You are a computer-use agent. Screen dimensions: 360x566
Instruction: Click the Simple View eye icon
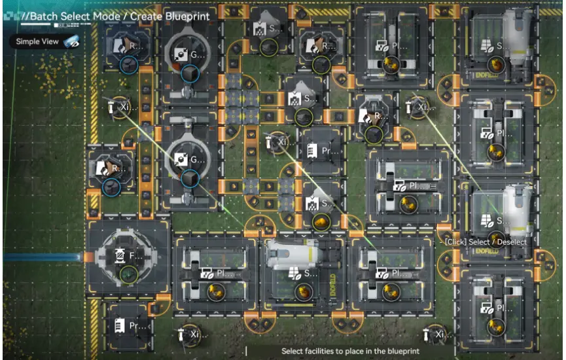pyautogui.click(x=71, y=42)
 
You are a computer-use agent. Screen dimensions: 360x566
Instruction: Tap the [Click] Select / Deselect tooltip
pyautogui.click(x=485, y=242)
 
